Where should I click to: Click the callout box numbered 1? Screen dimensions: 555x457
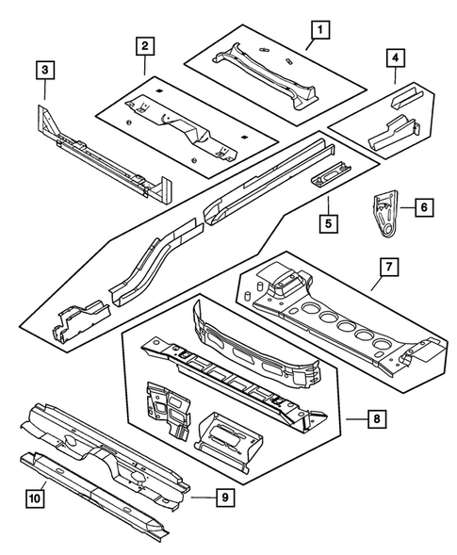pos(321,31)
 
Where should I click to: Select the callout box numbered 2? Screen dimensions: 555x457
pos(144,45)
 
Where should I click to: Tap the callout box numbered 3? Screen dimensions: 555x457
pos(44,70)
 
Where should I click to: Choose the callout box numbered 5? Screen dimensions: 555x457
pos(327,224)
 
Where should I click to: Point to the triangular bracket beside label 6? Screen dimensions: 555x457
pos(382,217)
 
